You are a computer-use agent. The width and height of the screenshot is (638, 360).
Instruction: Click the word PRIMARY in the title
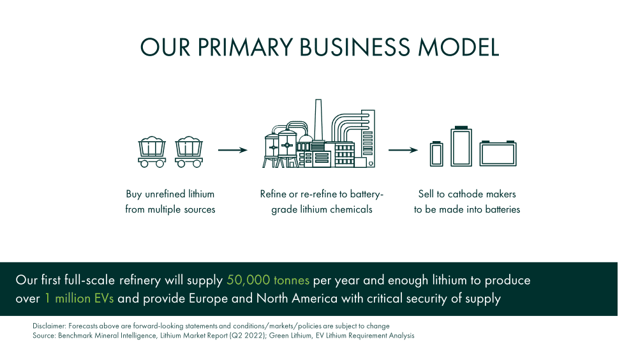coord(245,47)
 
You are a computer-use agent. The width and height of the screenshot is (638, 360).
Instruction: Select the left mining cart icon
coord(152,152)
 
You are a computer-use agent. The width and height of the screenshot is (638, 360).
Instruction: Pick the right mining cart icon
coord(189,152)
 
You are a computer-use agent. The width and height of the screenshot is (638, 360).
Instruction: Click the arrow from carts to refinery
coord(233,150)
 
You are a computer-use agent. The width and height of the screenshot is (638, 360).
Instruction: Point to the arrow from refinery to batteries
coord(403,150)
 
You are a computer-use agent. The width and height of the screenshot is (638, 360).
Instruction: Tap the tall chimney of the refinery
coord(318,120)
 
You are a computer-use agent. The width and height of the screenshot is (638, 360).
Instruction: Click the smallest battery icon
coord(436,154)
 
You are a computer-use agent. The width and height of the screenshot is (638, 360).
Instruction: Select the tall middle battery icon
coord(461,146)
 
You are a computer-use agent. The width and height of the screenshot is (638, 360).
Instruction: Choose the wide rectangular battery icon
coord(498,153)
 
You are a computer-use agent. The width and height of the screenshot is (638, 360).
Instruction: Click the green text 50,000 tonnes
coord(268,280)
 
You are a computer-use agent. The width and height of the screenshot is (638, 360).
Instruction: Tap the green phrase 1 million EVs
coord(79,299)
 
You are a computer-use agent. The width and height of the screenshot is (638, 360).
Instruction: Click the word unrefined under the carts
coord(165,194)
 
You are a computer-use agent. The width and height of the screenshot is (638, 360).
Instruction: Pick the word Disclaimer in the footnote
coord(49,326)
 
